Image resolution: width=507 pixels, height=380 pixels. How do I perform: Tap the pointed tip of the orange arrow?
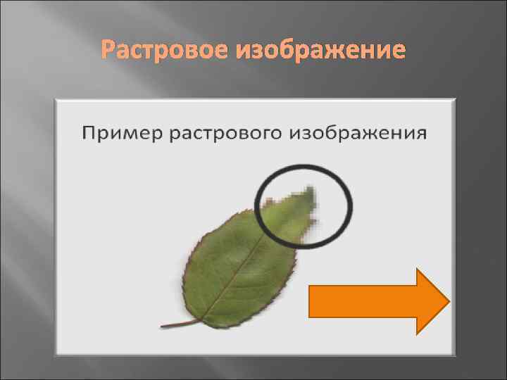(447, 301)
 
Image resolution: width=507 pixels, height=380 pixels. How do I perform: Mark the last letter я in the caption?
(421, 133)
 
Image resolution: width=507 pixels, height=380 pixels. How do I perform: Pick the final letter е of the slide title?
(399, 51)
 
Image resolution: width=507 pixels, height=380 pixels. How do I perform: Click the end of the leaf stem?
(163, 326)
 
